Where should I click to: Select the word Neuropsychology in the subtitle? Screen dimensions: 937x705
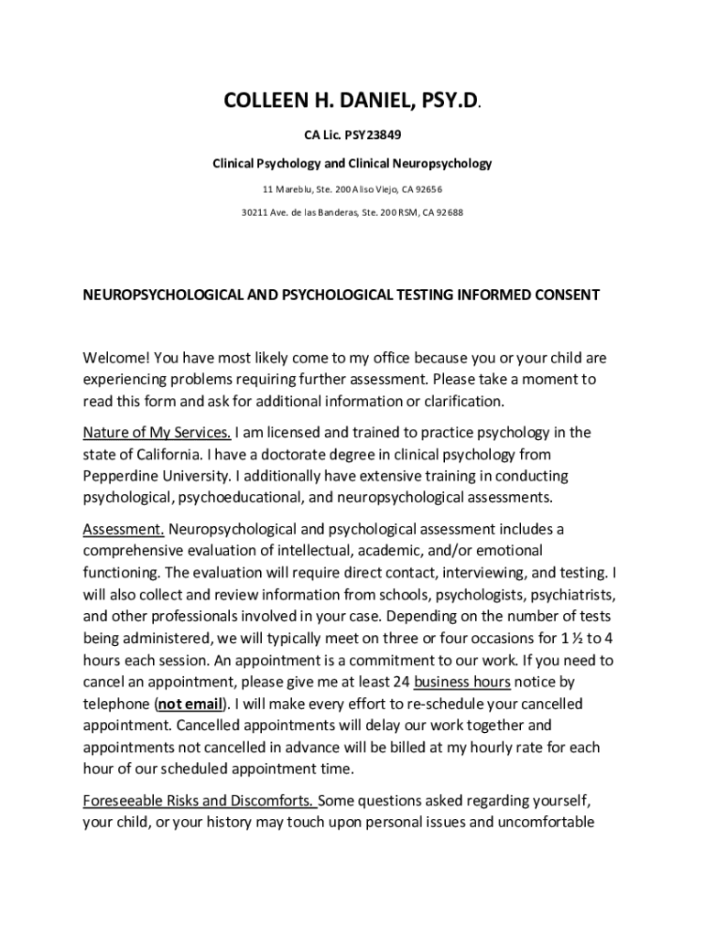(x=442, y=164)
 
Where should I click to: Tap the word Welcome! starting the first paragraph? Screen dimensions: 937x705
(x=116, y=358)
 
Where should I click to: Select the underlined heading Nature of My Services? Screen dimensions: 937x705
(x=157, y=432)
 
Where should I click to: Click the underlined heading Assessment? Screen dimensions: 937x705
(x=124, y=529)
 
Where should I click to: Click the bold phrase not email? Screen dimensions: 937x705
(x=190, y=704)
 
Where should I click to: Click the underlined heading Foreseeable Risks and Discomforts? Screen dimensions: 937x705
(x=200, y=800)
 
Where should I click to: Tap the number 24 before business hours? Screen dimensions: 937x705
(x=400, y=682)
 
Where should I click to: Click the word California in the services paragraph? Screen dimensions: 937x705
(x=161, y=454)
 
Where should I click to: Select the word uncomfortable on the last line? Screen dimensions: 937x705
(x=542, y=822)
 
